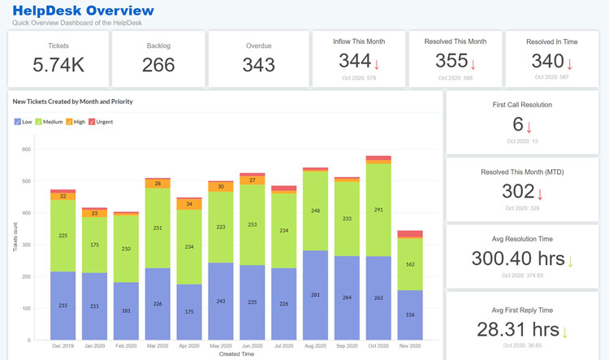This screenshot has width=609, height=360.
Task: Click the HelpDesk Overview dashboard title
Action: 82,11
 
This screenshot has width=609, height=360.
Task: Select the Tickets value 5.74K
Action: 58,65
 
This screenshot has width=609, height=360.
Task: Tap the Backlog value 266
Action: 158,65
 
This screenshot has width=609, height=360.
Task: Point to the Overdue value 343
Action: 259,65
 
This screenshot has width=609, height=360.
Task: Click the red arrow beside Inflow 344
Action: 377,63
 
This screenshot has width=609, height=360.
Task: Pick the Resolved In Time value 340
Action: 547,61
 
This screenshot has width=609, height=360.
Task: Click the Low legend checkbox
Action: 18,122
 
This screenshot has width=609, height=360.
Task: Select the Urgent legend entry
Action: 101,122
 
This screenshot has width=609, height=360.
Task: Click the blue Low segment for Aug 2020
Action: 315,295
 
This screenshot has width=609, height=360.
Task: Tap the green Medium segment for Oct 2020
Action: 378,210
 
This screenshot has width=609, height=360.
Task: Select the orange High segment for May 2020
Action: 220,187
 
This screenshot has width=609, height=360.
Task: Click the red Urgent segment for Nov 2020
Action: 410,234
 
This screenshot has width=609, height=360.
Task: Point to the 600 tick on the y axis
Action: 26,150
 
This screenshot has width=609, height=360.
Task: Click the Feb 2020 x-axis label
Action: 125,345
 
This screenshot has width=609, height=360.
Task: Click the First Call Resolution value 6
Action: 518,125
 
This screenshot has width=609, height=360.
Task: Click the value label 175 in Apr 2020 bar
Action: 188,311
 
